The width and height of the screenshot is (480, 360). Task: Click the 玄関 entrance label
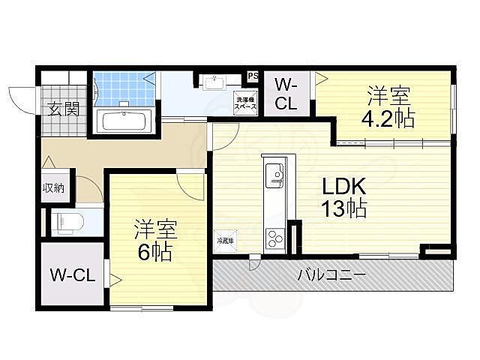coord(64,108)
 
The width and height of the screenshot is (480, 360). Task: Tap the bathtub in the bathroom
coord(123,121)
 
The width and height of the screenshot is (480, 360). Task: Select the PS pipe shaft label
coord(253,76)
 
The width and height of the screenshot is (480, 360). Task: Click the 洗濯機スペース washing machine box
coord(246,104)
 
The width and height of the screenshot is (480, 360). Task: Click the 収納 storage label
coord(53,187)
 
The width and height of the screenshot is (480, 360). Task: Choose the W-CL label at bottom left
coord(72,275)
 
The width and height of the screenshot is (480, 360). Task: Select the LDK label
coord(344,185)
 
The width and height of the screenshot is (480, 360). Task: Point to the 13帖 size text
coord(344,208)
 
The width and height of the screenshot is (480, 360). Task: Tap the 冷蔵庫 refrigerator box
coord(225,241)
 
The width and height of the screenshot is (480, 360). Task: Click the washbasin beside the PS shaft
coord(216,80)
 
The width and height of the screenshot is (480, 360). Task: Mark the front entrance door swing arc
coord(21,100)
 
